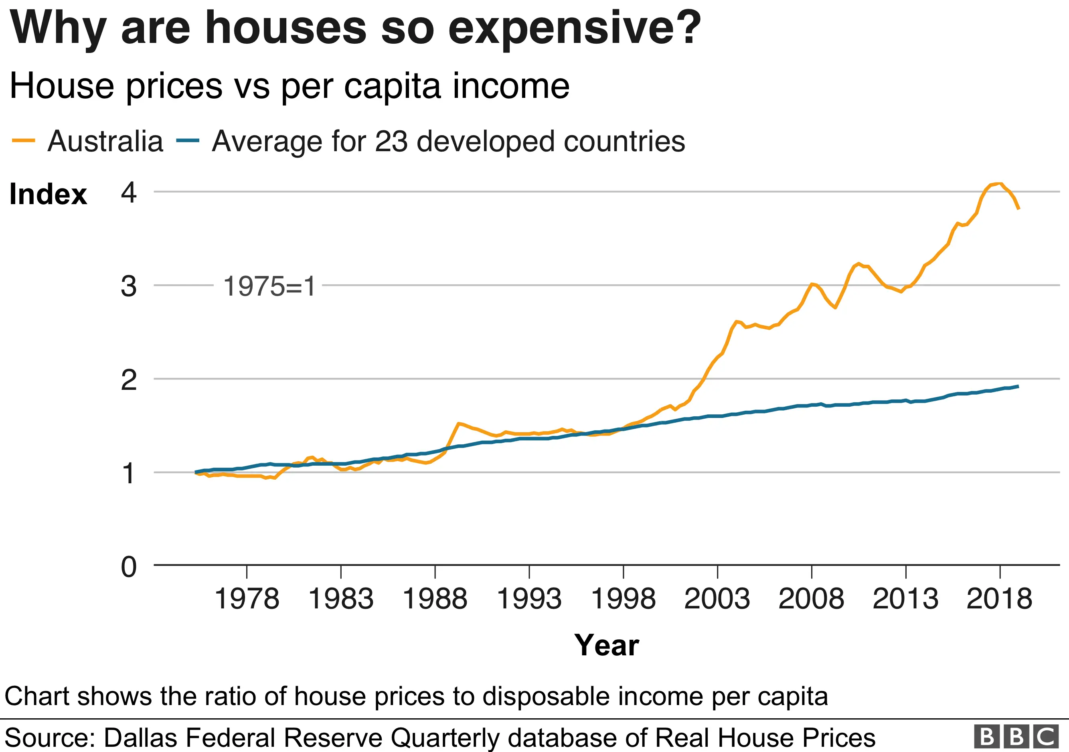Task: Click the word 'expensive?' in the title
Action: tap(574, 28)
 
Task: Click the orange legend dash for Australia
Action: tap(23, 141)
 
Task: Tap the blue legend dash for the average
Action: tap(188, 141)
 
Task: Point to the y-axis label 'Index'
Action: tap(48, 194)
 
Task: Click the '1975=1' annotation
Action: tap(269, 286)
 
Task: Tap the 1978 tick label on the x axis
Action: tap(247, 599)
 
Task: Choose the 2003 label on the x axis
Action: tap(717, 599)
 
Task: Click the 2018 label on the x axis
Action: tap(999, 599)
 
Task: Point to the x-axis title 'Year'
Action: tap(606, 645)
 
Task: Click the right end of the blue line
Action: tap(1018, 386)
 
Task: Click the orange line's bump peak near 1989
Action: tap(459, 423)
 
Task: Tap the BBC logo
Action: tap(1016, 737)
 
